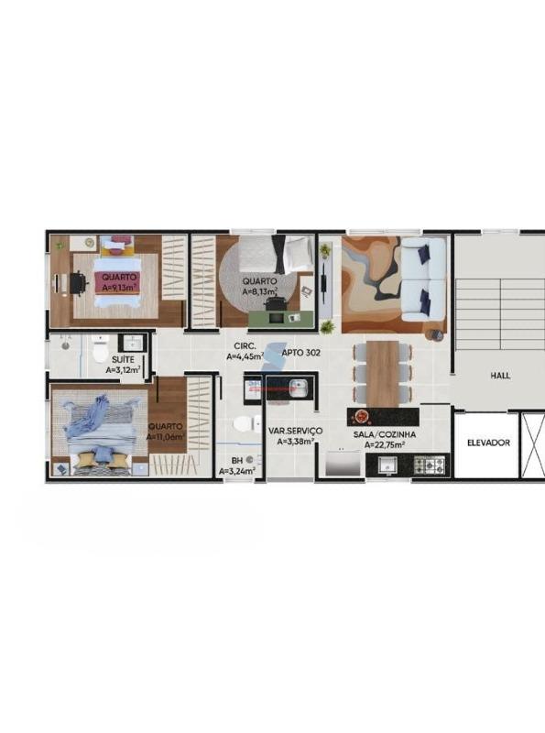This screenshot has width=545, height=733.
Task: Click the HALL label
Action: coord(500,376)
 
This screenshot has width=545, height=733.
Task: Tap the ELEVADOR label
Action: coord(488,443)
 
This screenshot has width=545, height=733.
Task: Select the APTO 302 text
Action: coord(301,353)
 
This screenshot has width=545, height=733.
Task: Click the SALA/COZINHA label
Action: coord(384,434)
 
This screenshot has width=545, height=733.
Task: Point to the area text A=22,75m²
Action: coord(384,444)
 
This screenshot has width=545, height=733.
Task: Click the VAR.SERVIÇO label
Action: coord(296,431)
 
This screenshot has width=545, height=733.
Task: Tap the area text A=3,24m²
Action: coord(237,472)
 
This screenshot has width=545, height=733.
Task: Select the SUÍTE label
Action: coord(123,359)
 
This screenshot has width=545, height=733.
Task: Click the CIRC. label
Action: coord(245,346)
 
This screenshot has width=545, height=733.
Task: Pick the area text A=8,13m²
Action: coord(260,291)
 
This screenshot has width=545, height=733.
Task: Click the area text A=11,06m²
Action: coord(166,437)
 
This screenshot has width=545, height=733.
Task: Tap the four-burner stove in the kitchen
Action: coord(429,465)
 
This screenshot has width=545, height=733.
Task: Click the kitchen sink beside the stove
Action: coord(387,465)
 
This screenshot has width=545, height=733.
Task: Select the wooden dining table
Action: coord(383,374)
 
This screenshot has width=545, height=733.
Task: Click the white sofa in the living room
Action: coord(423,279)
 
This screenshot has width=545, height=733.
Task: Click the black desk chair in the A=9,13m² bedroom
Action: coord(79,283)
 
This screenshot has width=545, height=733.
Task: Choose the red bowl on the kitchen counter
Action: coord(361,416)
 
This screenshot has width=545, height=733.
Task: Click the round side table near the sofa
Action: coord(437,335)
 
